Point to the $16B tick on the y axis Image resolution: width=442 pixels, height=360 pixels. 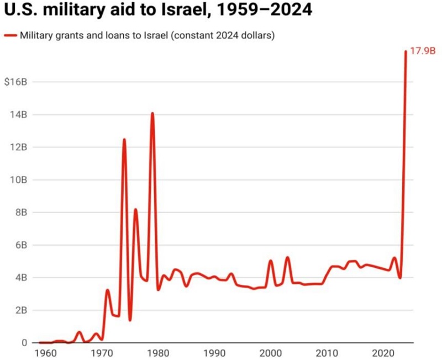(x=15, y=82)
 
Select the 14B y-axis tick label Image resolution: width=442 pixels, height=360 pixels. (x=20, y=114)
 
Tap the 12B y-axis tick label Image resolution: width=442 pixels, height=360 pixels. (x=20, y=147)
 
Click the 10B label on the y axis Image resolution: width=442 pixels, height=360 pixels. (x=20, y=179)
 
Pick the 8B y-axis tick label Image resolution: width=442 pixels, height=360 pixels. (x=22, y=212)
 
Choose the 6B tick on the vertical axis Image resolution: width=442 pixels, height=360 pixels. (x=22, y=245)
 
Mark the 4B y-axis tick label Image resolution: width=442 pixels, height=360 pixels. (x=22, y=277)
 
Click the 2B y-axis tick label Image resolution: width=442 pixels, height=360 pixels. (x=22, y=310)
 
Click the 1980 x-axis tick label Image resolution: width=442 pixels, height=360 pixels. (x=157, y=353)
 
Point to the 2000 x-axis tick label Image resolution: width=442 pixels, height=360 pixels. (x=271, y=353)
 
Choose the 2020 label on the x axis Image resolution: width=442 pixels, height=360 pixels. (x=383, y=353)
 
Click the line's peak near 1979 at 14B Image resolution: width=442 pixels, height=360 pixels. (x=152, y=113)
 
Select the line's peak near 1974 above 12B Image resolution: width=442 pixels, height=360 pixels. (x=124, y=139)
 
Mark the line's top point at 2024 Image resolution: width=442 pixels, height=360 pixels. (x=406, y=51)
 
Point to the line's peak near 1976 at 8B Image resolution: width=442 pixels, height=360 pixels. (x=135, y=209)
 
